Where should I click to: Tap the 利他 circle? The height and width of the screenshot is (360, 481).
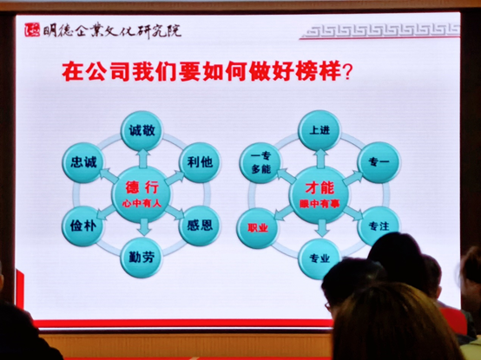point(197,162)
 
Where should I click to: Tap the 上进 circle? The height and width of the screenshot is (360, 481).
point(320,131)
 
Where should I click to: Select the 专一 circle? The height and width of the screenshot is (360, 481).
point(379,162)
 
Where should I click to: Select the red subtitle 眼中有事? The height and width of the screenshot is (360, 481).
point(320,203)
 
